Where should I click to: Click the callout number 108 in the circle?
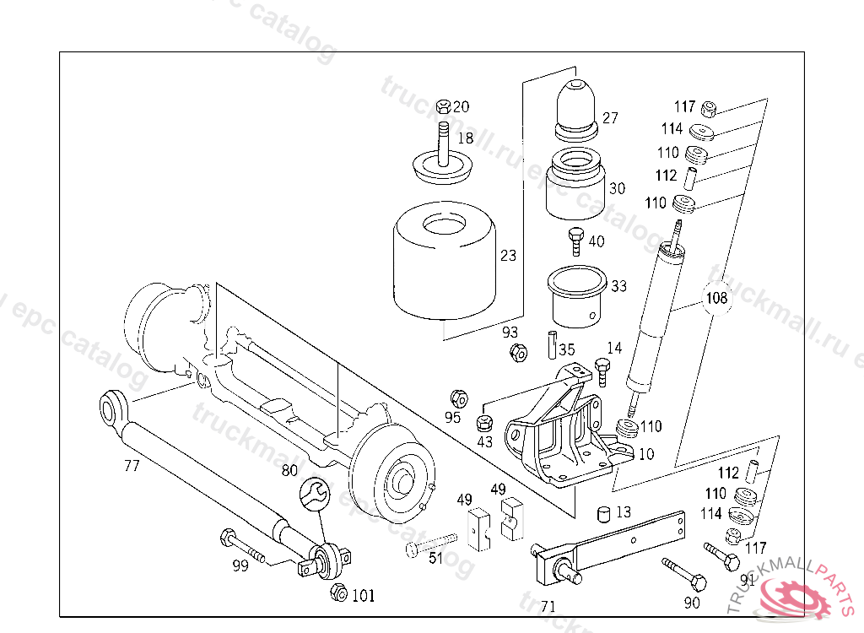(716, 298)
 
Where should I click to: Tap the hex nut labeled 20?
(444, 106)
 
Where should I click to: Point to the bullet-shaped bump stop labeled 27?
(575, 108)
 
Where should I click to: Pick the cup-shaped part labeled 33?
(577, 296)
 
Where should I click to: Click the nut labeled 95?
(459, 398)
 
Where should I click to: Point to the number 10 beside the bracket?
(646, 454)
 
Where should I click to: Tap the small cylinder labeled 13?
(603, 513)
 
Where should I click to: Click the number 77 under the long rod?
(132, 465)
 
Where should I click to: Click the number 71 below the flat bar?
(548, 606)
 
